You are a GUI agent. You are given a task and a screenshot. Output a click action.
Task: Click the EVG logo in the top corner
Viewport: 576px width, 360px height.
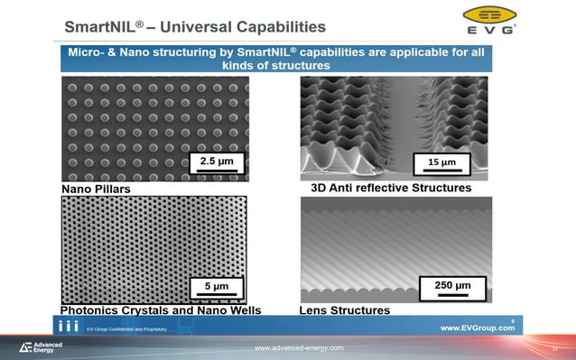pos(490,19)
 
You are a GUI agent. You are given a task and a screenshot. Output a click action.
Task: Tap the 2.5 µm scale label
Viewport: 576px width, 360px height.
pos(216,162)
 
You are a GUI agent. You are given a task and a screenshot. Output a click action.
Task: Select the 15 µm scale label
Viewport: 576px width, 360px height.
pos(444,162)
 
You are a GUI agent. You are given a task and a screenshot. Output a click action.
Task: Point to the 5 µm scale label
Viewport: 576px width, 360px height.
pos(216,287)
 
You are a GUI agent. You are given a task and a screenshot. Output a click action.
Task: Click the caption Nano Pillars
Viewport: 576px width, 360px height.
pos(96,189)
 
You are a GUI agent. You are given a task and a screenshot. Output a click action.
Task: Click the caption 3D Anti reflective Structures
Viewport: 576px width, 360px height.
pos(385,189)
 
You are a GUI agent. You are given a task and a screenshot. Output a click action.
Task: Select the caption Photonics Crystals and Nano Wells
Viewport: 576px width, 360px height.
pos(161,310)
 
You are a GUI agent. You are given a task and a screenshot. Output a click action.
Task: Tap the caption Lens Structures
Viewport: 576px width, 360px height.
pos(344,310)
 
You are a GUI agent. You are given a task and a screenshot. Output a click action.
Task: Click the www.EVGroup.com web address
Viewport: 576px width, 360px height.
pos(477,328)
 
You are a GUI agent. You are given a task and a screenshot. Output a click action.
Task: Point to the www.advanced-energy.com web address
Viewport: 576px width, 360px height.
pos(298,348)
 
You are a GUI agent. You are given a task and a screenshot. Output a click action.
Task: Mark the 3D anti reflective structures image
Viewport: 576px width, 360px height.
pos(395,127)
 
